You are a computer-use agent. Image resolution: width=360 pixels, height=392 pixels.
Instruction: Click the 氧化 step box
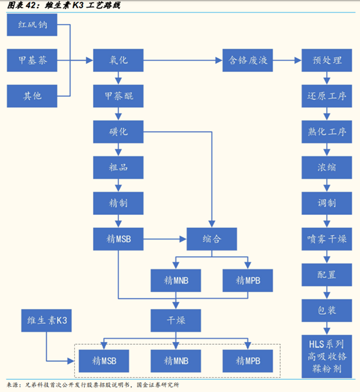pos(118,62)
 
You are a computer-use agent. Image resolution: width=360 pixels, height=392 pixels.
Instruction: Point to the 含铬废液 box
pos(247,62)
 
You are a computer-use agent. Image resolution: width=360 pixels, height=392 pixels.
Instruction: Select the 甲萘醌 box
pos(118,96)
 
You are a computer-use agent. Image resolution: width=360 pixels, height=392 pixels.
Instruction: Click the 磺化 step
pos(118,132)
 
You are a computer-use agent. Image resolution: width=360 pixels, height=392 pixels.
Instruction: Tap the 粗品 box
pos(118,167)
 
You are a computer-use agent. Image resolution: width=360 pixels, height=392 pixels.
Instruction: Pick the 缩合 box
pos(212,238)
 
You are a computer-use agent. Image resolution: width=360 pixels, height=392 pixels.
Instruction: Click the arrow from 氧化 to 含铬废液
pos(181,62)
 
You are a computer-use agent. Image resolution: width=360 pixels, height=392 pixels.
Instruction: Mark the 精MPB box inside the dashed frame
pos(247,359)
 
